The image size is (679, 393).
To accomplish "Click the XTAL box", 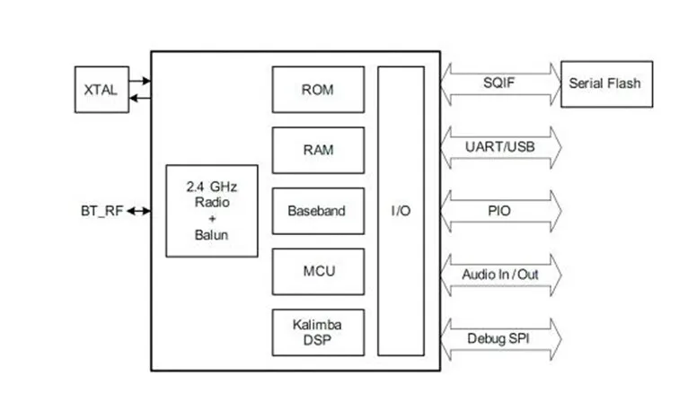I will coord(100,90).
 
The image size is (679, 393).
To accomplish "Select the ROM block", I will coord(318,89).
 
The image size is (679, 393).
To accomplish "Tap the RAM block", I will coord(318,150).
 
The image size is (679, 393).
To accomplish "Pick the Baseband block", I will coord(318,211).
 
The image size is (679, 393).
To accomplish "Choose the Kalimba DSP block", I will coord(318,332).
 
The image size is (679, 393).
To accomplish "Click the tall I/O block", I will coord(401,211).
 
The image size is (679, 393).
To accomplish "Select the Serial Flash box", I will coord(606,83).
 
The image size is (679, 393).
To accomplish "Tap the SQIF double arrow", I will coord(501,83).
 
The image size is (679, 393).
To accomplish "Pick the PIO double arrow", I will coord(501,211).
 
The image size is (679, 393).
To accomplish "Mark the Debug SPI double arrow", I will coord(501,339).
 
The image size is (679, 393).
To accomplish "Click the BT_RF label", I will coord(101,212).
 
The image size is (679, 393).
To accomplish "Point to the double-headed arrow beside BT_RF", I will coord(139,212).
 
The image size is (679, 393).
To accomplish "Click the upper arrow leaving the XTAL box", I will coord(139,81).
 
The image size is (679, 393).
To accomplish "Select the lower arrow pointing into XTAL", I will coord(139,96).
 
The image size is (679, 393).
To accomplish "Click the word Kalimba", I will coord(318,324).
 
